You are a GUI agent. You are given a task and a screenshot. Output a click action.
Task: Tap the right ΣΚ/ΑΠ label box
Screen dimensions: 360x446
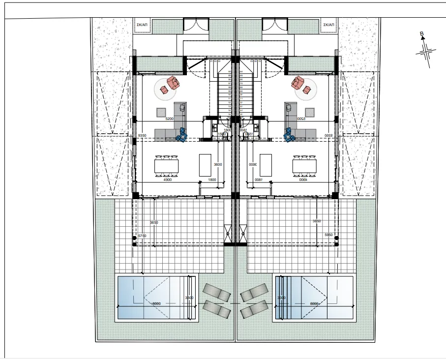click(328, 24)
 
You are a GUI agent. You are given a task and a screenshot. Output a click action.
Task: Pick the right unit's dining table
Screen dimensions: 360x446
click(305, 166)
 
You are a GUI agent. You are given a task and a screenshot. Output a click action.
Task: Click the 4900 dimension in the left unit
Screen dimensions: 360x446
click(168, 180)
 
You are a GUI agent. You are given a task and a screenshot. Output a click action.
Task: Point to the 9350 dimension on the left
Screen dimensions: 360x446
click(143, 135)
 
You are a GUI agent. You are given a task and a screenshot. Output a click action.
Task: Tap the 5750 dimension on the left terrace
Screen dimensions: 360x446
click(142, 236)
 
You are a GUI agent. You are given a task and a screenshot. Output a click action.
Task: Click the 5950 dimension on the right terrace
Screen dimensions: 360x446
click(329, 236)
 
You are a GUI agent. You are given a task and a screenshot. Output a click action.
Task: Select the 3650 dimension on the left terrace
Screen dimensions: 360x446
click(154, 222)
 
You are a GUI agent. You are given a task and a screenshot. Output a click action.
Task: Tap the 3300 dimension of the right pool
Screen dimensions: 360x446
click(281, 298)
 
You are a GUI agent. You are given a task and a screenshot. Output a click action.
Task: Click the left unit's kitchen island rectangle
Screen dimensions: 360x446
click(206, 165)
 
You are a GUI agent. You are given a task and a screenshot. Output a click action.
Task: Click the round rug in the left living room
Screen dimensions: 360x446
click(167, 89)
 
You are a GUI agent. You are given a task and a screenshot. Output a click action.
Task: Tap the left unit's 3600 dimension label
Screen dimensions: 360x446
click(218, 164)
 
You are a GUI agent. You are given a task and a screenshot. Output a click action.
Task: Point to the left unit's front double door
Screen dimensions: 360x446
click(196, 25)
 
